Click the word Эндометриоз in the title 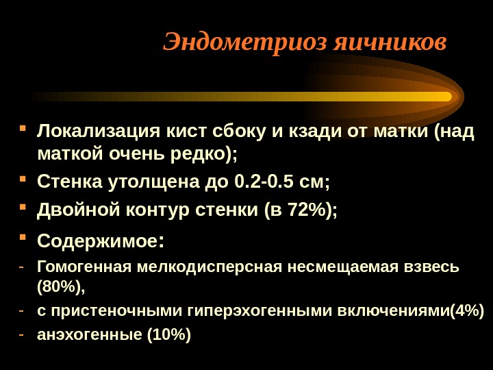coord(246,42)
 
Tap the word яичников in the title coord(390,42)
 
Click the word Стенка coord(69,182)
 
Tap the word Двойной coord(79,210)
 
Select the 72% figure coord(307,210)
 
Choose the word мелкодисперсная coord(210,267)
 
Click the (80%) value coord(61,286)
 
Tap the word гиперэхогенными coord(260,311)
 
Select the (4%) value coord(467,311)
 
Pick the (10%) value coord(169,334)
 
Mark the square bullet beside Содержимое coord(23,236)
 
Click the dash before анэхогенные coord(21,335)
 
